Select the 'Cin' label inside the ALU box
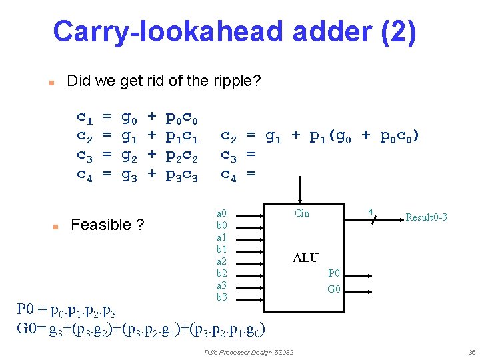(302, 213)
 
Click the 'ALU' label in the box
(305, 258)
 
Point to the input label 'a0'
(222, 213)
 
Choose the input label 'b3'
(222, 297)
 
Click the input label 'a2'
(222, 261)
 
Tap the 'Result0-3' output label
(426, 217)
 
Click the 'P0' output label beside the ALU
(334, 273)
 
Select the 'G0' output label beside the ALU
(334, 289)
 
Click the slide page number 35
(471, 352)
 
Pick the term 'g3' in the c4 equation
(129, 176)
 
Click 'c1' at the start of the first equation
(85, 119)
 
